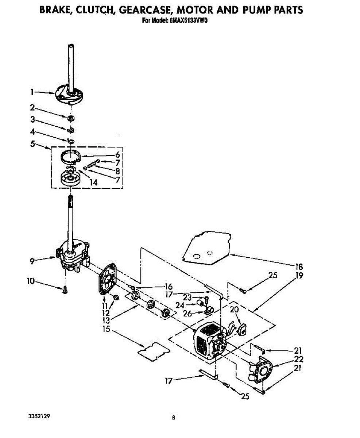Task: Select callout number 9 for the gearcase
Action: click(32, 261)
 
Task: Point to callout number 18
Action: click(299, 267)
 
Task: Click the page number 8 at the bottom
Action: click(174, 418)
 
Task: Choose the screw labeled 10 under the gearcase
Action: click(65, 289)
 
